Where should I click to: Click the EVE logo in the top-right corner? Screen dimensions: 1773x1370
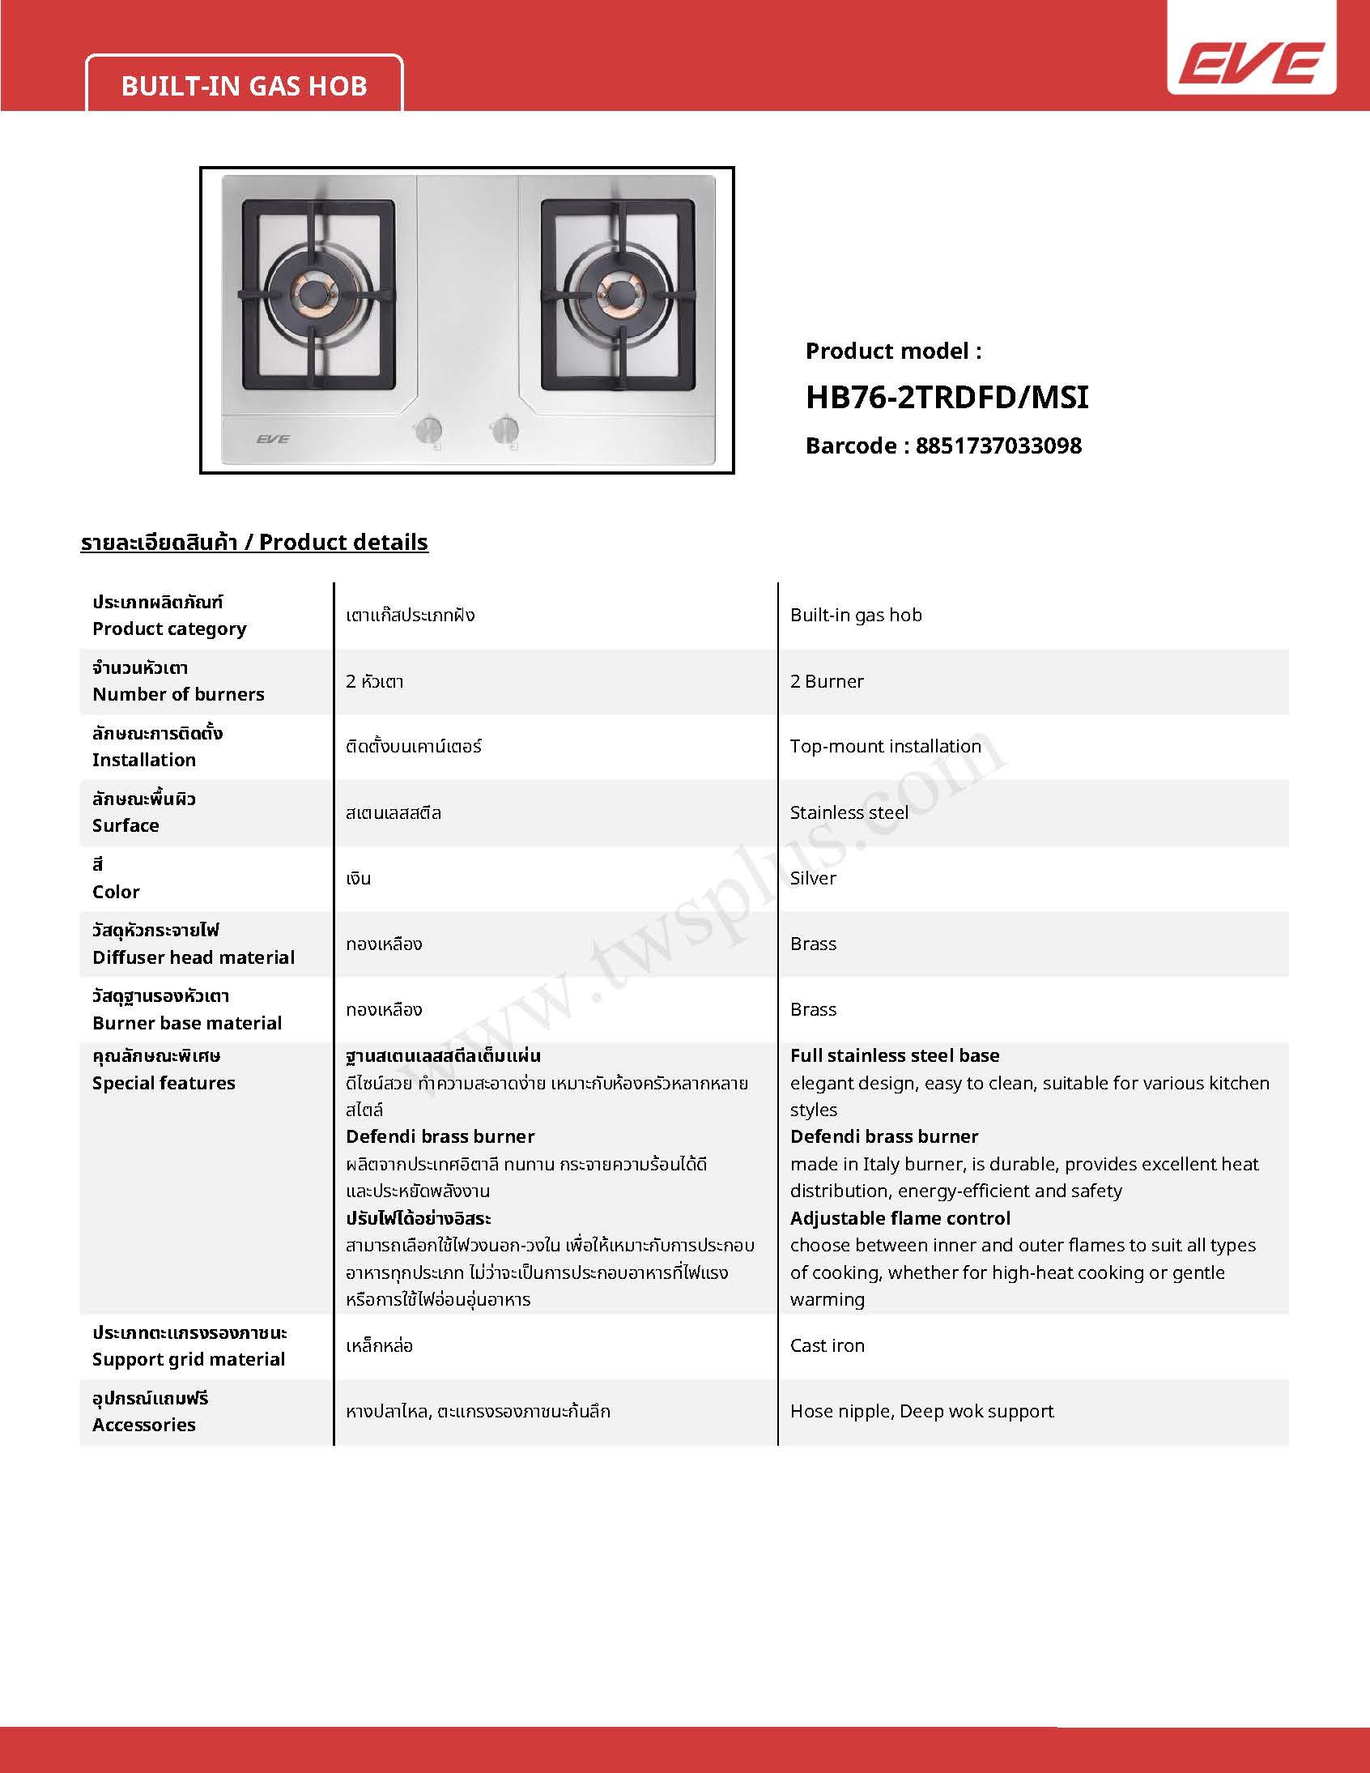click(x=1252, y=63)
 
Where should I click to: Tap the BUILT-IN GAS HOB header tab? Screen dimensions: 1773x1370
click(x=245, y=86)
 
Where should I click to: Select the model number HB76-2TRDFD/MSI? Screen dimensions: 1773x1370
click(x=947, y=398)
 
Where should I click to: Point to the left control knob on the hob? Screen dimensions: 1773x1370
click(x=428, y=430)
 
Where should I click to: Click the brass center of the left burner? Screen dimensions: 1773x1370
click(x=313, y=293)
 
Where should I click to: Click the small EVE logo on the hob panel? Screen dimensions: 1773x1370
click(x=273, y=439)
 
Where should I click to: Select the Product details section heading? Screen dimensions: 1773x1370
click(x=254, y=543)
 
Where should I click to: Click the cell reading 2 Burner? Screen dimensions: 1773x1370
click(x=826, y=681)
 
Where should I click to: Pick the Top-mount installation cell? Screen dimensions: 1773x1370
click(x=886, y=746)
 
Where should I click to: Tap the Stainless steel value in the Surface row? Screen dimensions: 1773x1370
click(x=849, y=812)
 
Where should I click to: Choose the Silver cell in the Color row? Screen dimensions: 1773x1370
click(x=812, y=878)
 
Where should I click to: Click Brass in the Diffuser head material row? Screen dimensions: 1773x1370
click(x=812, y=944)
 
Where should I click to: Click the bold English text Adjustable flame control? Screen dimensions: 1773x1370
click(x=900, y=1217)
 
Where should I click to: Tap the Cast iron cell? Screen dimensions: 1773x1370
click(x=827, y=1345)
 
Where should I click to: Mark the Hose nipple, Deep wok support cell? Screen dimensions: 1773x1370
click(x=921, y=1411)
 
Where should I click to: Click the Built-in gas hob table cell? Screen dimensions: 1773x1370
click(x=855, y=616)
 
